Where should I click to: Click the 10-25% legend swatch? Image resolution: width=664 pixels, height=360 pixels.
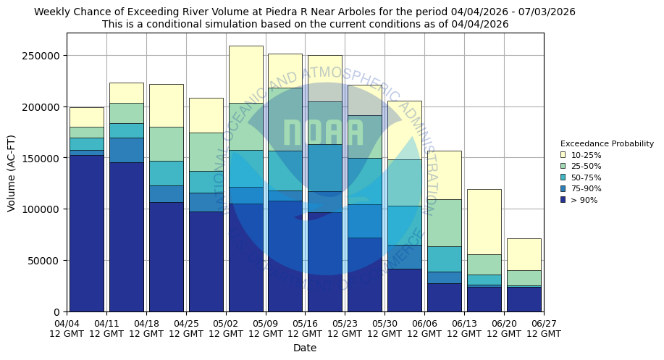[x=563, y=155]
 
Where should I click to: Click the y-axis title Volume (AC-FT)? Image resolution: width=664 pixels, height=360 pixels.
[x=12, y=172]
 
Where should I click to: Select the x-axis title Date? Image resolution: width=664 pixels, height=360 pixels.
[x=305, y=348]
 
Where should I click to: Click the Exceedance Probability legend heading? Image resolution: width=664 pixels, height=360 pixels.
[x=607, y=143]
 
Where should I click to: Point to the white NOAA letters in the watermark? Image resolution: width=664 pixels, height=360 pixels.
[x=323, y=133]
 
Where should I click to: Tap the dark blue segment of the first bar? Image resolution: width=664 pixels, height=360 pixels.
[x=87, y=232]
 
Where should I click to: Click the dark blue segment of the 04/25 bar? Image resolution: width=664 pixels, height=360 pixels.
[x=206, y=261]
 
